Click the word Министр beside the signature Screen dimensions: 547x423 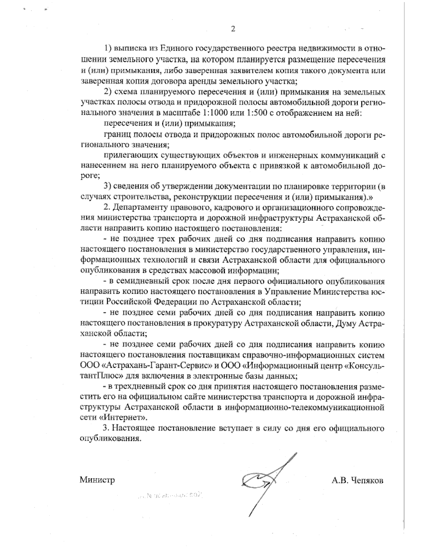tap(97, 480)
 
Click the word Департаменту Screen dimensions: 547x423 tap(141, 207)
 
